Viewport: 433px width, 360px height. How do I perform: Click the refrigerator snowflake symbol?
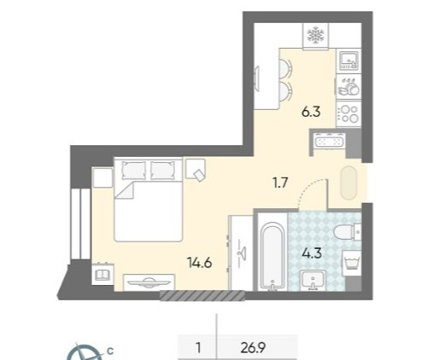[x=315, y=36]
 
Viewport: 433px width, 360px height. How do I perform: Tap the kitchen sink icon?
[x=348, y=61]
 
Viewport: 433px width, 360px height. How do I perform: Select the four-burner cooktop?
[x=349, y=113]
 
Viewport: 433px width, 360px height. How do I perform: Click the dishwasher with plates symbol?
[x=348, y=86]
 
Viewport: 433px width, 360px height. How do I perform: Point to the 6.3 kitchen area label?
[x=311, y=112]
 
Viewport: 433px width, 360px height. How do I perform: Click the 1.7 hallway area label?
[x=280, y=183]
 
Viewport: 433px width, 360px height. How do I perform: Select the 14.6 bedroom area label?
[x=199, y=263]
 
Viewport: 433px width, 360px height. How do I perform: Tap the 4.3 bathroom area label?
[x=313, y=253]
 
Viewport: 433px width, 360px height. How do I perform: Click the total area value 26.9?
[x=253, y=348]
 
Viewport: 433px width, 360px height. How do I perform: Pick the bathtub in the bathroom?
[x=272, y=255]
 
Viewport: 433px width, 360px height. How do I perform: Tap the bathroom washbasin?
[x=313, y=280]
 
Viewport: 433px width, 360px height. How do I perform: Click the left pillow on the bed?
[x=133, y=171]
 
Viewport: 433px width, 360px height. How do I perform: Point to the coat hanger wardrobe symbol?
[x=242, y=252]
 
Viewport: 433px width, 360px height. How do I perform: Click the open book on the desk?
[x=102, y=275]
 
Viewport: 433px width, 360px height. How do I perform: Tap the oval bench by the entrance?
[x=348, y=183]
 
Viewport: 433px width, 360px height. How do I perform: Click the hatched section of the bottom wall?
[x=202, y=295]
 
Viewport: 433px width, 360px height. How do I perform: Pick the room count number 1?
[x=198, y=348]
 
